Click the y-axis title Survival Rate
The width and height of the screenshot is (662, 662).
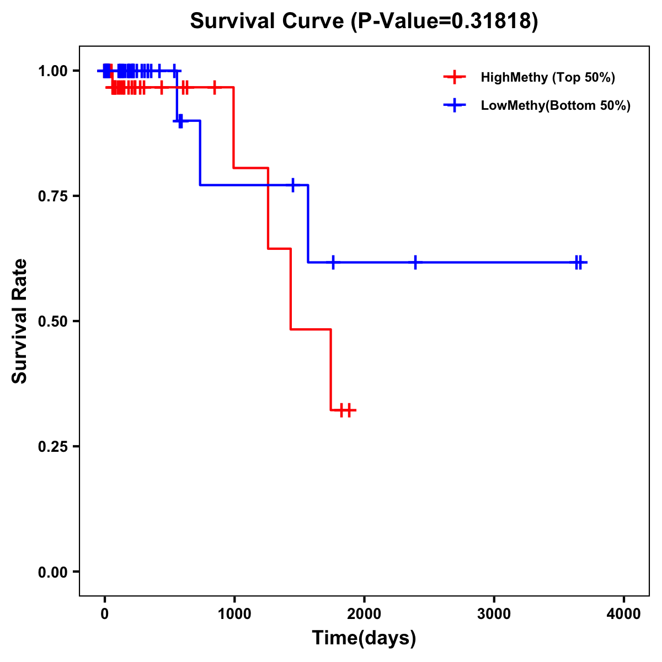20,321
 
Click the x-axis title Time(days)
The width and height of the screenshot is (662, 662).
364,638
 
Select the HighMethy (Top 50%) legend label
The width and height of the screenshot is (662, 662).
548,77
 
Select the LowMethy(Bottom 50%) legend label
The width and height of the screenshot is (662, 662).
556,105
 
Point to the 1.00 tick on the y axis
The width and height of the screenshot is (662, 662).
52,71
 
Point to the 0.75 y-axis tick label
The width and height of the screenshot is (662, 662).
52,196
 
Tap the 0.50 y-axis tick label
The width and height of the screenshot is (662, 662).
52,322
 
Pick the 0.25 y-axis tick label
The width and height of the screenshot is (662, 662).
52,447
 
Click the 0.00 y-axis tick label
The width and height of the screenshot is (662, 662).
52,572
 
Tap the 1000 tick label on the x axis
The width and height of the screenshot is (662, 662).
234,614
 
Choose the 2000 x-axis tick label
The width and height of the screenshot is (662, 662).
364,614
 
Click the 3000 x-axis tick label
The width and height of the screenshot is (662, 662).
494,614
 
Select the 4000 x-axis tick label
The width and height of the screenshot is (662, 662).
624,614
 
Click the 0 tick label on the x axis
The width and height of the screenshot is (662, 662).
104,614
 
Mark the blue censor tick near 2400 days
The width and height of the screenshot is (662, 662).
415,263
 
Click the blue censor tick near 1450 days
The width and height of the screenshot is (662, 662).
293,185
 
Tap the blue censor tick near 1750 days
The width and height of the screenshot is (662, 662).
333,263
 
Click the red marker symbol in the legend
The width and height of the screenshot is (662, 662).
453,77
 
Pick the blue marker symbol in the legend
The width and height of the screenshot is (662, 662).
453,105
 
